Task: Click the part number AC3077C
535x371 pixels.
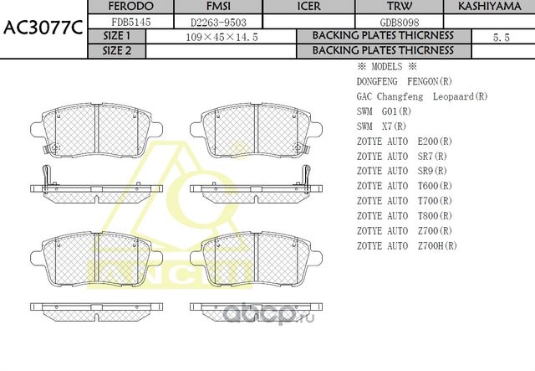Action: click(43, 26)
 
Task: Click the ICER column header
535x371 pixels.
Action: click(309, 7)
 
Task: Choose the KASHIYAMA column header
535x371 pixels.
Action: click(490, 7)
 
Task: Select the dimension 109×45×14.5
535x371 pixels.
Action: click(221, 37)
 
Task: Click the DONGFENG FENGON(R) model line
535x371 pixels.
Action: click(404, 81)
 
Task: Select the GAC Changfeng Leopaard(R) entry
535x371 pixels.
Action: click(421, 96)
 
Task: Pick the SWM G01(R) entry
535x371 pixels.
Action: click(384, 111)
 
